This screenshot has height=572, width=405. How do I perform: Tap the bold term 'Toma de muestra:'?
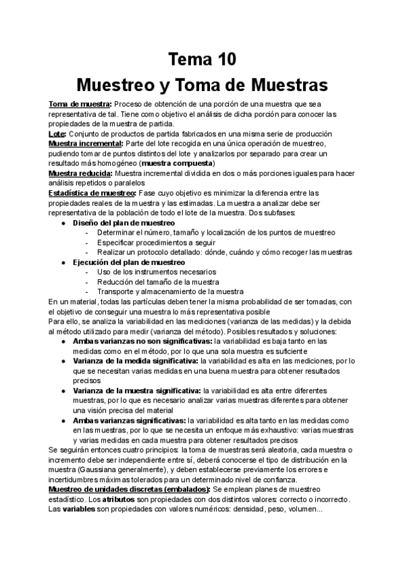click(80, 104)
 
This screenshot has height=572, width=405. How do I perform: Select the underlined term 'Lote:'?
click(58, 134)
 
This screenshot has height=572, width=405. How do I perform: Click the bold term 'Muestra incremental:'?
click(85, 144)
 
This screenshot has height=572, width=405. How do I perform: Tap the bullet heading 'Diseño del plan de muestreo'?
click(124, 223)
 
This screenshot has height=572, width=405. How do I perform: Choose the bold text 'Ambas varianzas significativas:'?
click(130, 420)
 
